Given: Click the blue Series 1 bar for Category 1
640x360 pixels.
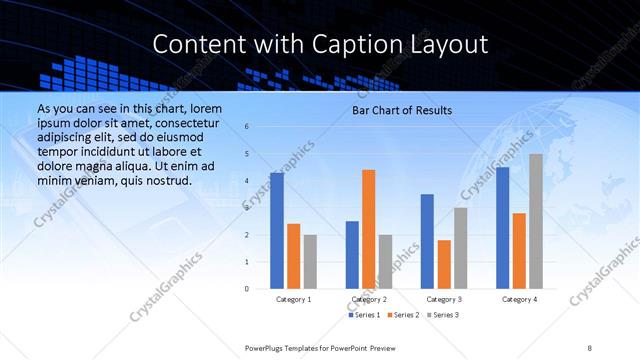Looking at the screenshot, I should pyautogui.click(x=277, y=231).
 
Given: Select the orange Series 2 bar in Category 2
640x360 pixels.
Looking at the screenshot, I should pyautogui.click(x=368, y=229).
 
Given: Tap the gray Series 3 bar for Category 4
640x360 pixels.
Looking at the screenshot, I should pyautogui.click(x=536, y=221).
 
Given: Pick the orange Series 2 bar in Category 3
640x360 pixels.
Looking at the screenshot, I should pyautogui.click(x=444, y=264).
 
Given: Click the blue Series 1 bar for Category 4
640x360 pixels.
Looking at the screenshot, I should pyautogui.click(x=502, y=228).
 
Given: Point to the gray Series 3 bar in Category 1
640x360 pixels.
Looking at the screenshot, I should pyautogui.click(x=310, y=262).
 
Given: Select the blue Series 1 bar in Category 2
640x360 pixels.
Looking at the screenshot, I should pyautogui.click(x=352, y=255).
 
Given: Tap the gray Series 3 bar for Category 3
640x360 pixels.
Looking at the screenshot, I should pyautogui.click(x=460, y=248).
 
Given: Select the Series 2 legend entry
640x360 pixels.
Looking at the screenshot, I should pyautogui.click(x=403, y=315).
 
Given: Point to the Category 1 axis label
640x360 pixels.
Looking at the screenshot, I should pyautogui.click(x=293, y=299).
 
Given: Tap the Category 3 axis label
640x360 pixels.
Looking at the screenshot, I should pyautogui.click(x=444, y=299).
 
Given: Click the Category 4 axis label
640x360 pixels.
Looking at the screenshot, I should pyautogui.click(x=519, y=299).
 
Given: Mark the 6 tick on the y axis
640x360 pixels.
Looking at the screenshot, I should pyautogui.click(x=247, y=127).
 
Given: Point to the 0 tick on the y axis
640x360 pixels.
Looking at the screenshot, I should pyautogui.click(x=247, y=289).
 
